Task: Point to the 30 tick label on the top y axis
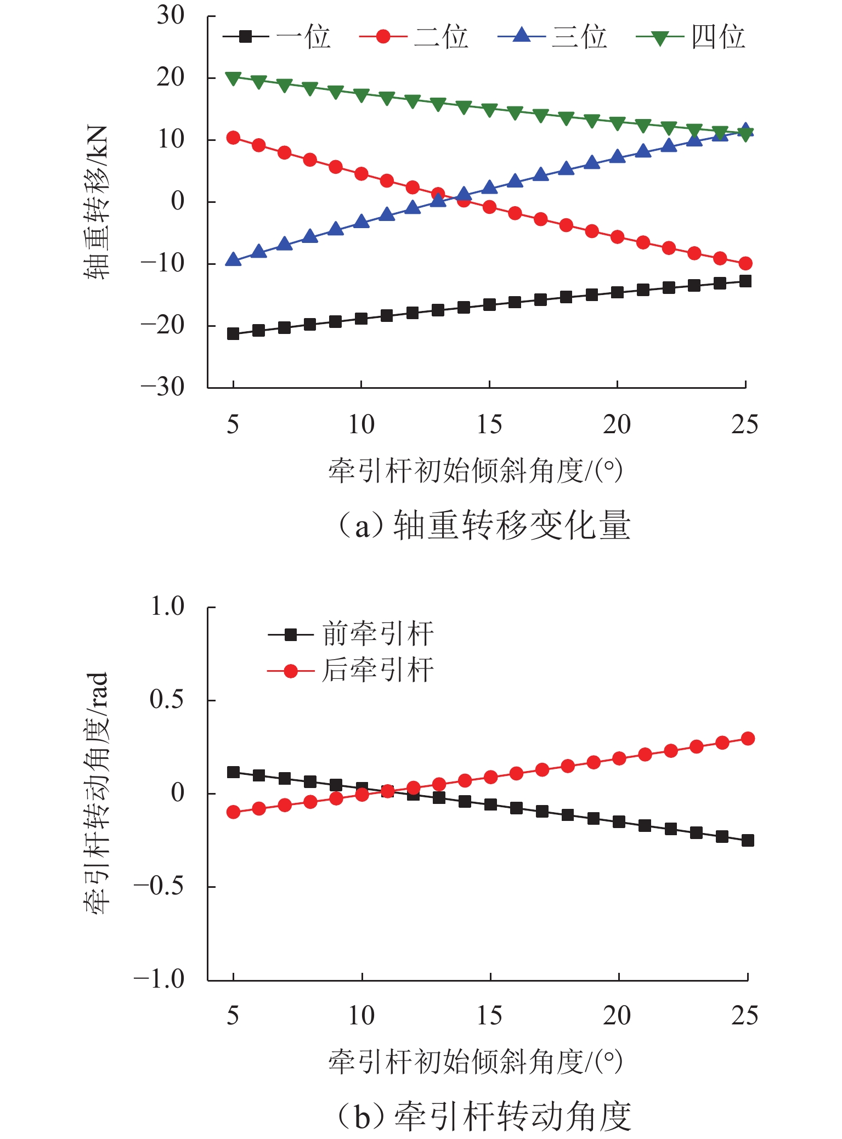pos(171,15)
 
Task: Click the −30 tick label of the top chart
pos(163,387)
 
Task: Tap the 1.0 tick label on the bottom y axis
pos(167,607)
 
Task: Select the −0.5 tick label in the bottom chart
pos(159,886)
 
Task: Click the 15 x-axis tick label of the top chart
pos(489,424)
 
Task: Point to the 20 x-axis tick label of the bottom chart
pos(617,1016)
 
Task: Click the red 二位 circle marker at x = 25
pos(745,263)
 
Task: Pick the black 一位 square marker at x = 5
pos(233,333)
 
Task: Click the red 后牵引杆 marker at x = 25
pos(748,739)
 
